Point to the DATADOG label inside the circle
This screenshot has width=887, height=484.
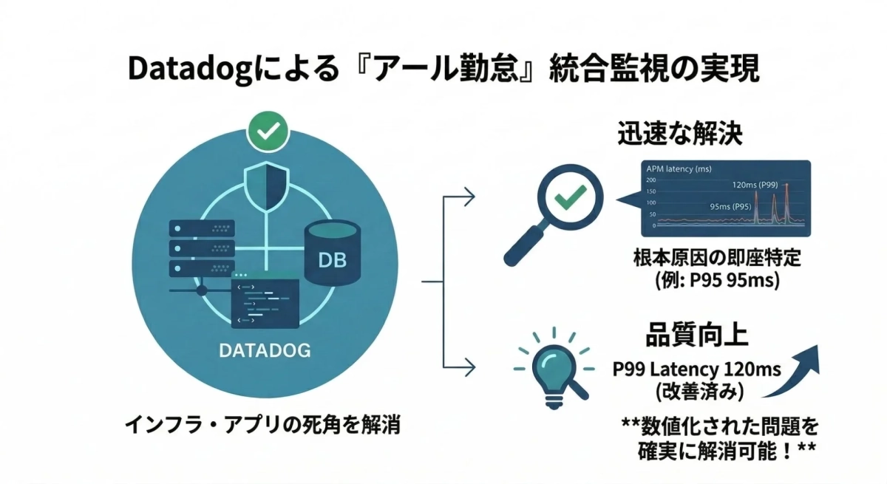[265, 350]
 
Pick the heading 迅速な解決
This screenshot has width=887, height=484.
[679, 135]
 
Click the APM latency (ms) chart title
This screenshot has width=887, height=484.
[678, 169]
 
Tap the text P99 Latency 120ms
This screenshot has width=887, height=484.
[696, 369]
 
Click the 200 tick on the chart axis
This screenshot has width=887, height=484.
[651, 180]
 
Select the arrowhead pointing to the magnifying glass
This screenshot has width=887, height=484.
[469, 197]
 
